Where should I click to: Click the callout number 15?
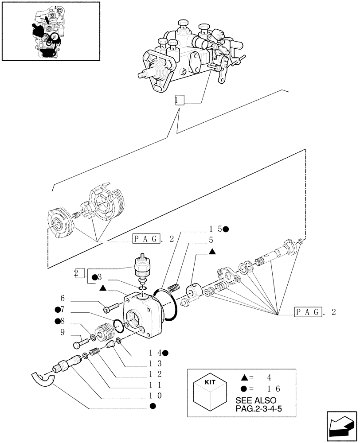click(216, 229)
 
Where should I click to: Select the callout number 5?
click(211, 240)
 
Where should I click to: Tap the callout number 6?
click(63, 299)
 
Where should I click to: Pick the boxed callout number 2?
click(79, 273)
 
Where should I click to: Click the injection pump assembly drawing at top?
click(191, 53)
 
